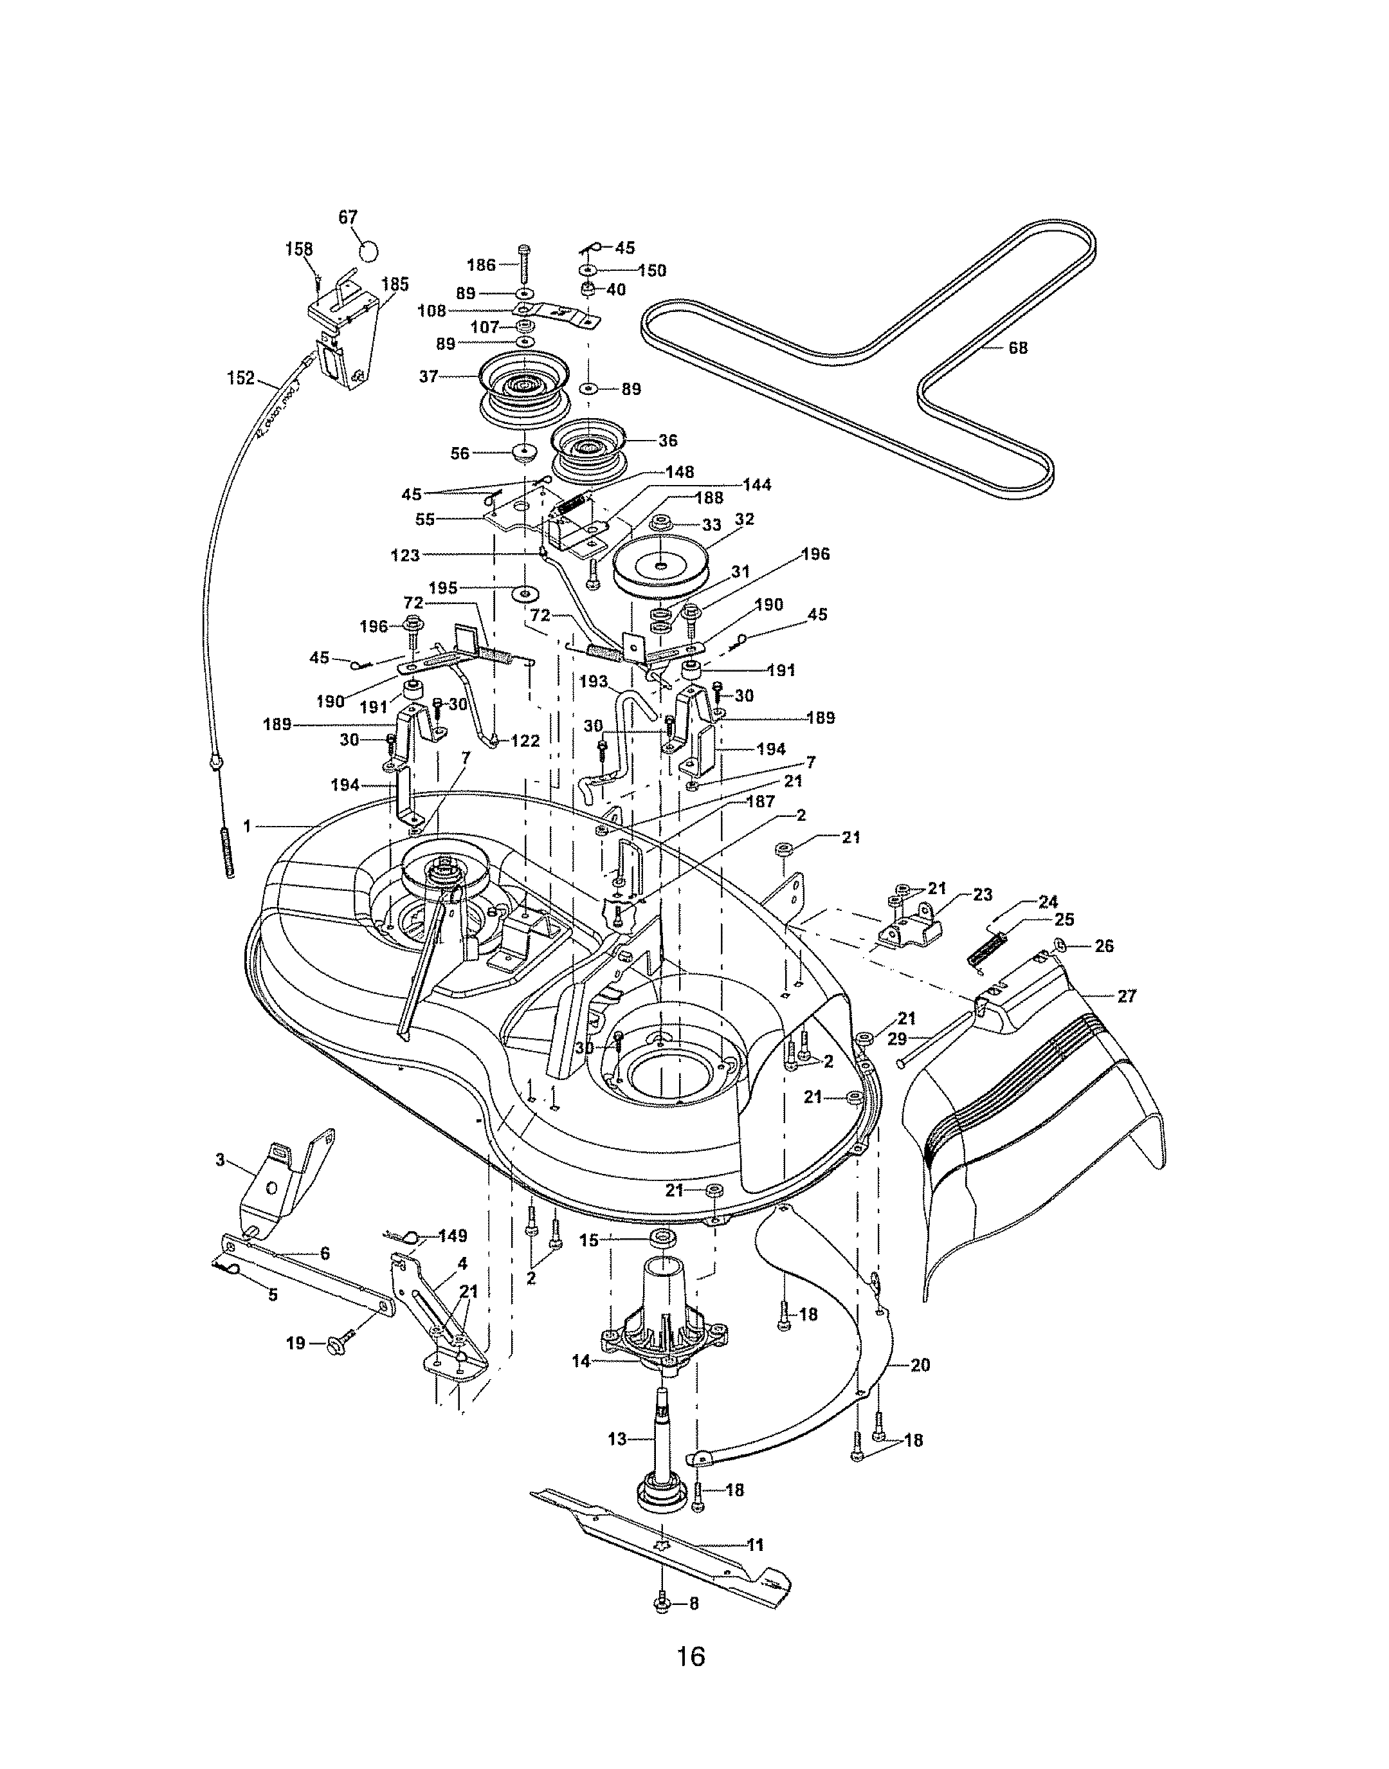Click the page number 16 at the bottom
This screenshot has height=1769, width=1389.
691,1657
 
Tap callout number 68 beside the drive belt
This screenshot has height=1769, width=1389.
1017,348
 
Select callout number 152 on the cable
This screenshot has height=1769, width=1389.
241,378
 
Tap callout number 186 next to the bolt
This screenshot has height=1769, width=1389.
480,264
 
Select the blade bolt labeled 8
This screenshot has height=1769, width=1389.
661,1604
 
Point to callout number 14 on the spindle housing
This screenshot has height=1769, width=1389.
581,1361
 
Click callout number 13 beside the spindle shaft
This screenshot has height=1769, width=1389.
617,1440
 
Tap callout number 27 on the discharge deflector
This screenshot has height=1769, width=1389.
1127,996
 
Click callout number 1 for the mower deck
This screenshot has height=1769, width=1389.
246,827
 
